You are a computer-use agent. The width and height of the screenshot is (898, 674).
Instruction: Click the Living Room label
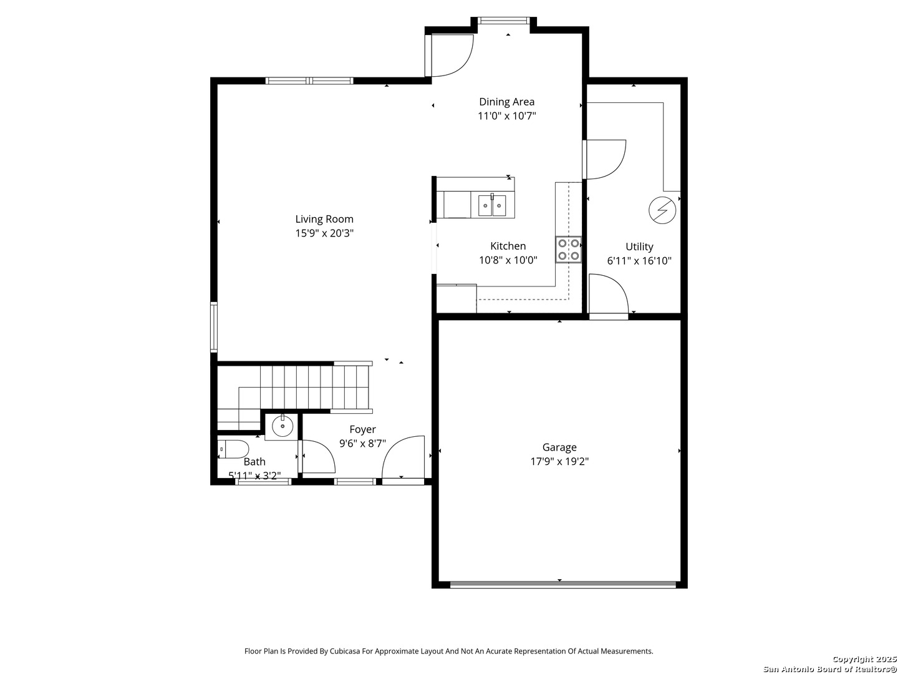pyautogui.click(x=324, y=219)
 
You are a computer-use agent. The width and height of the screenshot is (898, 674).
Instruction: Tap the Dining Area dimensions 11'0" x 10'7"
pyautogui.click(x=506, y=116)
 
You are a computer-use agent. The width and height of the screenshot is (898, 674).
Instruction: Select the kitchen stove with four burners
pyautogui.click(x=568, y=250)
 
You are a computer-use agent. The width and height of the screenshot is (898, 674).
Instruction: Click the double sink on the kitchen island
pyautogui.click(x=492, y=205)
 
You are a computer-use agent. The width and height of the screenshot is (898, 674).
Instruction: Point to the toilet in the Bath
pyautogui.click(x=233, y=449)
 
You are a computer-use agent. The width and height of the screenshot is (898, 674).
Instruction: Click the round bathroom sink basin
pyautogui.click(x=282, y=427)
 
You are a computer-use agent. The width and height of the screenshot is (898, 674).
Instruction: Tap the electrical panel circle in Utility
pyautogui.click(x=662, y=210)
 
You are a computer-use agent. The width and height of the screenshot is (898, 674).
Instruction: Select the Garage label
pyautogui.click(x=559, y=447)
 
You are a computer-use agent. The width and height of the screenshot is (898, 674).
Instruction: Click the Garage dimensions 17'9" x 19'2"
pyautogui.click(x=559, y=462)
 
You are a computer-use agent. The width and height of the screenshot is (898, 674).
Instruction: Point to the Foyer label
pyautogui.click(x=362, y=429)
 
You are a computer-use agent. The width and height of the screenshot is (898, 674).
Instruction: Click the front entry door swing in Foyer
pyautogui.click(x=403, y=458)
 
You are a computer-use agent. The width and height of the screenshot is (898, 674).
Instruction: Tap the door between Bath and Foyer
pyautogui.click(x=317, y=457)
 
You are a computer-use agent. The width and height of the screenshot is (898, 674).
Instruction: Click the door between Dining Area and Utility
pyautogui.click(x=604, y=160)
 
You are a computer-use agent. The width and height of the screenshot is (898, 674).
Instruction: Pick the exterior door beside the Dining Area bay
pyautogui.click(x=449, y=56)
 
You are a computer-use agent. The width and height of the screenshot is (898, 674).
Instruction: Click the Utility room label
pyautogui.click(x=639, y=247)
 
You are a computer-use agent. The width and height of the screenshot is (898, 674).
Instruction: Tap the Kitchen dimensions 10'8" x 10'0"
pyautogui.click(x=508, y=260)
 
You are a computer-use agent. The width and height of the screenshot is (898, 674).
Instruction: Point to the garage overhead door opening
pyautogui.click(x=562, y=585)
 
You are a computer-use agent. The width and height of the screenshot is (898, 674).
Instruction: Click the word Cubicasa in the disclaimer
pyautogui.click(x=346, y=651)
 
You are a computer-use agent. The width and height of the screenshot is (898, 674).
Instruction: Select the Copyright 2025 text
pyautogui.click(x=864, y=659)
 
